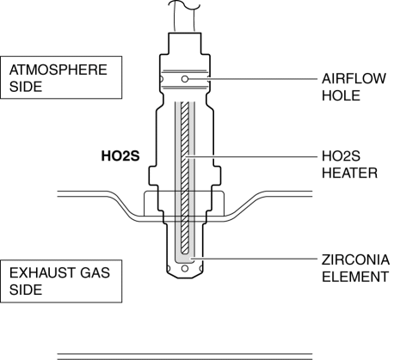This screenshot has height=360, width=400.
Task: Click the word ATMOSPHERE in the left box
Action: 58,70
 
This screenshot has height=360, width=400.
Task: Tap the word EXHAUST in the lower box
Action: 42,272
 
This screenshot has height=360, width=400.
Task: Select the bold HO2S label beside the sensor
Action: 120,156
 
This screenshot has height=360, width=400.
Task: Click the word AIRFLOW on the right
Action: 354,79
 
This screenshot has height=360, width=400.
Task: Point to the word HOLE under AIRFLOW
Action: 341,95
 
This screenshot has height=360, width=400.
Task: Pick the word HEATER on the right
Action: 349,173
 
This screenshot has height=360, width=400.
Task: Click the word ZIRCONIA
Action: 355,259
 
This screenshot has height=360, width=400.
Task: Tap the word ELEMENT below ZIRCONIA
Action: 355,277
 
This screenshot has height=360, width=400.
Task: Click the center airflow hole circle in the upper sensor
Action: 185,79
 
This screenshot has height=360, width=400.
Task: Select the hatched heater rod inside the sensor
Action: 185,178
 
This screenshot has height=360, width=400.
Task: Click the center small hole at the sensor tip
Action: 185,268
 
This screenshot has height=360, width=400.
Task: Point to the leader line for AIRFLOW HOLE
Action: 253,78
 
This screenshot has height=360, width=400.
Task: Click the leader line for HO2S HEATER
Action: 252,156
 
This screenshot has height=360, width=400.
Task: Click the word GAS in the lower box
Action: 95,272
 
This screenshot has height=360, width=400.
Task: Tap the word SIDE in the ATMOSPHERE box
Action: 26,87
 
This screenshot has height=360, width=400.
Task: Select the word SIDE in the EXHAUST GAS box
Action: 26,290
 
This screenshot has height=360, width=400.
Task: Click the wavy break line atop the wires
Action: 184,4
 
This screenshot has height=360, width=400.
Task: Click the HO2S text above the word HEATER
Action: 341,156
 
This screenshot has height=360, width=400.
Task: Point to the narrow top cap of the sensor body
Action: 185,44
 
